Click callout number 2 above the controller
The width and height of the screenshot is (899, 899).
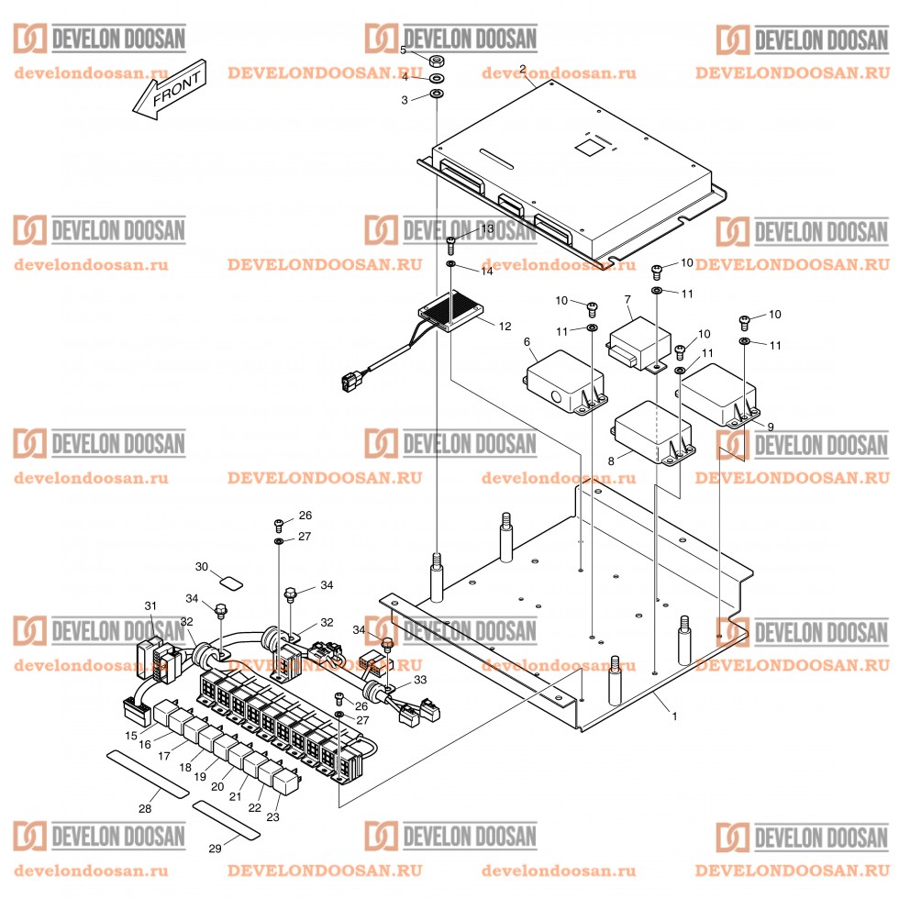(x=522, y=69)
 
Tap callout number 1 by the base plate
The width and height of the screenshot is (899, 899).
(x=674, y=716)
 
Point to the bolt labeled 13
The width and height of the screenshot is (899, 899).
(x=452, y=244)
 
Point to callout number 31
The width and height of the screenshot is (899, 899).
(x=150, y=605)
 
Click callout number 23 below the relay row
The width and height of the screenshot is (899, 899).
(x=272, y=816)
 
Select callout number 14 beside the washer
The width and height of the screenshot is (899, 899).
(x=486, y=272)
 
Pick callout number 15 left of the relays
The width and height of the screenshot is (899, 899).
(x=131, y=736)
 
